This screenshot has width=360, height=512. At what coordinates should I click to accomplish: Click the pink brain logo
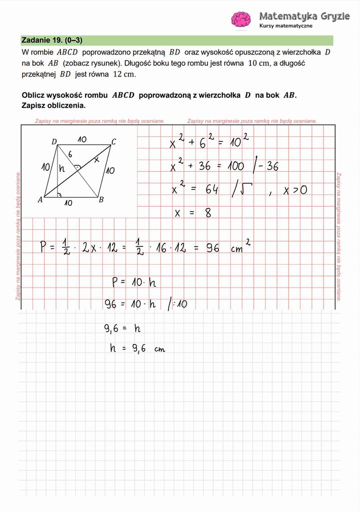tap(241, 19)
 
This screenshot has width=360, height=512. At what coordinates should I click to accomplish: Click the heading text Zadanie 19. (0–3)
tap(52, 40)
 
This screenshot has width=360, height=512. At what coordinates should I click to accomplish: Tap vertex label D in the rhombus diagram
tap(54, 142)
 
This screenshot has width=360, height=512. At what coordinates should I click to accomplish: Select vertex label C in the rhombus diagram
tap(113, 142)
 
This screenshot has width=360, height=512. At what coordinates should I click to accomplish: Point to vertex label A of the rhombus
tap(40, 200)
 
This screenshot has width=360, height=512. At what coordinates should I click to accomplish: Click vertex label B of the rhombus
tap(100, 200)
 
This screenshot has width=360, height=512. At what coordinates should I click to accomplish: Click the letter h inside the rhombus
tap(62, 169)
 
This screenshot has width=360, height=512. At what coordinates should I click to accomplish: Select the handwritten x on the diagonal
tap(96, 159)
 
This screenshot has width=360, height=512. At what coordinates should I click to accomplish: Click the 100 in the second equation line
tap(235, 166)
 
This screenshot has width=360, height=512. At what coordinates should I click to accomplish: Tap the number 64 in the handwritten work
tap(211, 190)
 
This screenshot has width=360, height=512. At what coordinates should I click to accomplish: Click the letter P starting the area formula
tap(44, 247)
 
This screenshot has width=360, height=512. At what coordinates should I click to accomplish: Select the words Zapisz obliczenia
tap(53, 105)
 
